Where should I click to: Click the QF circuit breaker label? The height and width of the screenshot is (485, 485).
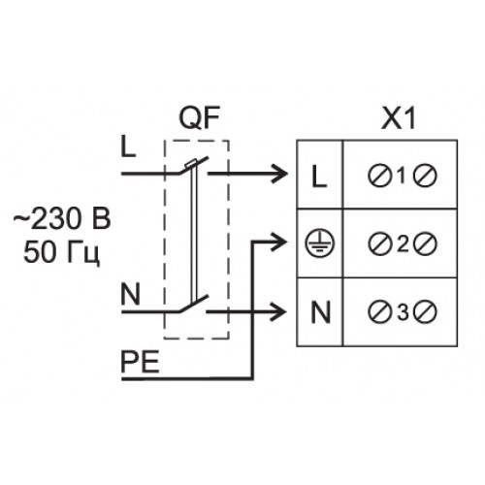click(x=200, y=118)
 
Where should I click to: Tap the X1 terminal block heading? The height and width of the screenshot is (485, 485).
click(x=399, y=118)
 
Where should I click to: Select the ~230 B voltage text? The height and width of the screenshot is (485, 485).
click(x=62, y=218)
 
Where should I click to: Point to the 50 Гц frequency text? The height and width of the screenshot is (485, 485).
click(x=61, y=252)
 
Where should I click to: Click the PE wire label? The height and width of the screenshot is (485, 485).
click(x=140, y=362)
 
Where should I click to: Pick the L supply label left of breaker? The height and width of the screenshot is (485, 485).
click(x=128, y=146)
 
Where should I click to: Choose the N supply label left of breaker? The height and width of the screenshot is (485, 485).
click(x=131, y=294)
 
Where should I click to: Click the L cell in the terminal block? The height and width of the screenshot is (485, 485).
click(x=319, y=177)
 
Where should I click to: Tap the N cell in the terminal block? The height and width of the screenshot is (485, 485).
click(x=320, y=312)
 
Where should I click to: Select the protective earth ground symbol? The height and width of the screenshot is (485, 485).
click(x=320, y=243)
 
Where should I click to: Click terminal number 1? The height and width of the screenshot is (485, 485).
click(x=402, y=177)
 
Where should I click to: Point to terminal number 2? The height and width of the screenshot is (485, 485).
click(x=403, y=244)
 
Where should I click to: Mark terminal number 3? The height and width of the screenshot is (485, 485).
click(x=403, y=312)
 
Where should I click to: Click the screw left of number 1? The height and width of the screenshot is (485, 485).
click(x=379, y=177)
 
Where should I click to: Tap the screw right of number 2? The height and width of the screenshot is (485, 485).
click(x=425, y=244)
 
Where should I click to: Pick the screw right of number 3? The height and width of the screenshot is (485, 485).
click(x=426, y=312)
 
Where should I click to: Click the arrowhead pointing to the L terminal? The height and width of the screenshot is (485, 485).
click(x=280, y=174)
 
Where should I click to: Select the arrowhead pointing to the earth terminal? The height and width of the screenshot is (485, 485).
click(x=279, y=242)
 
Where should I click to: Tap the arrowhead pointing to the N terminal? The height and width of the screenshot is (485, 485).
click(x=278, y=312)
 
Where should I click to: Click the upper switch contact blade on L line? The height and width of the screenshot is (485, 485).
click(x=193, y=166)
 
